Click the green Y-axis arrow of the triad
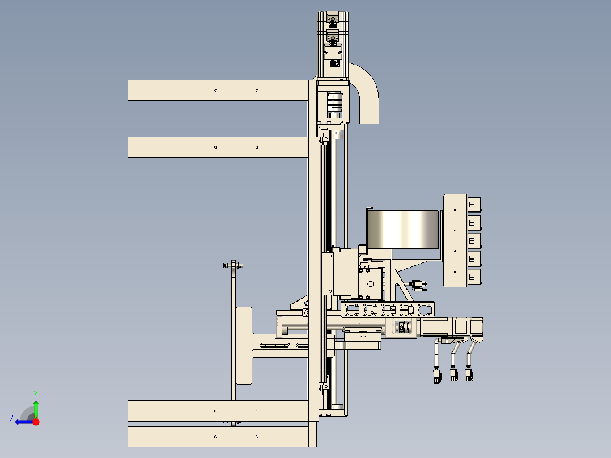tap(36, 409)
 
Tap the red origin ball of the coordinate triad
tap(36, 422)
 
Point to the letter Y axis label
tap(36, 395)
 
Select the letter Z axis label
tap(11, 419)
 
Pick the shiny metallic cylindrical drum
tap(402, 230)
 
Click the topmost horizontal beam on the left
tap(218, 91)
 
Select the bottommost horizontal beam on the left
tap(218, 436)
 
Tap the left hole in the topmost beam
tap(216, 91)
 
